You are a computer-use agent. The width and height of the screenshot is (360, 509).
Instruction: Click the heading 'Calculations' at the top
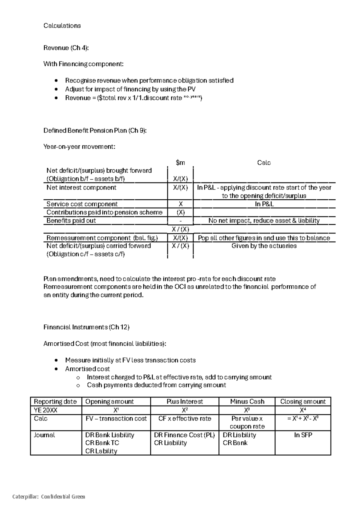(62, 26)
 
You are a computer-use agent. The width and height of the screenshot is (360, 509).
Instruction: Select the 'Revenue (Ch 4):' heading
(66, 48)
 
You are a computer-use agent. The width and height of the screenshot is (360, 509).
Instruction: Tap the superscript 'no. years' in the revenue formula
(192, 97)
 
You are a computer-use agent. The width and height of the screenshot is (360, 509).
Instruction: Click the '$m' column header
(180, 163)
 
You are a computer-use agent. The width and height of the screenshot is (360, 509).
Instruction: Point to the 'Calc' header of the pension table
(264, 163)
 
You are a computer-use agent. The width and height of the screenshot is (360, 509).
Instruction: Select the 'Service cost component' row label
(82, 204)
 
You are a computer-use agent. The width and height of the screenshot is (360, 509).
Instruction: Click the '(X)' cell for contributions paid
(180, 213)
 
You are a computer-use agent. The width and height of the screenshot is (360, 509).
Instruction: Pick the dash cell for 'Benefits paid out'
(180, 221)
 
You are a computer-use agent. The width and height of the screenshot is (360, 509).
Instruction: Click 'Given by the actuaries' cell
(264, 246)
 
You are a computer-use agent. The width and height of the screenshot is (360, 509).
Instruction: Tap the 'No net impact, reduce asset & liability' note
(264, 221)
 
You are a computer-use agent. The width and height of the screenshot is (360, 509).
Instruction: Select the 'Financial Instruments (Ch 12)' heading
(86, 327)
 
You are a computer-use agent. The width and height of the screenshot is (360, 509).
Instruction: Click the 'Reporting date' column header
(55, 402)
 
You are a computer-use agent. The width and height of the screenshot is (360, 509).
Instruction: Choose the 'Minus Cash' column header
(247, 402)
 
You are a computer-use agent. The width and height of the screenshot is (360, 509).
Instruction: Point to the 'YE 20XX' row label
(46, 410)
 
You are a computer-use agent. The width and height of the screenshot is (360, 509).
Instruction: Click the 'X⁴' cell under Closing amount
(303, 410)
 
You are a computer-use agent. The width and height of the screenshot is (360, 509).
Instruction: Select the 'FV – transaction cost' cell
(116, 419)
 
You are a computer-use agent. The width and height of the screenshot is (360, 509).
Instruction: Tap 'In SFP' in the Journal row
(303, 435)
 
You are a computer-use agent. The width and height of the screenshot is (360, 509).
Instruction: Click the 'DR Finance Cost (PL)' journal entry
(184, 435)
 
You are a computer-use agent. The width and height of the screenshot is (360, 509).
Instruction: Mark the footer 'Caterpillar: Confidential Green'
(49, 497)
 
